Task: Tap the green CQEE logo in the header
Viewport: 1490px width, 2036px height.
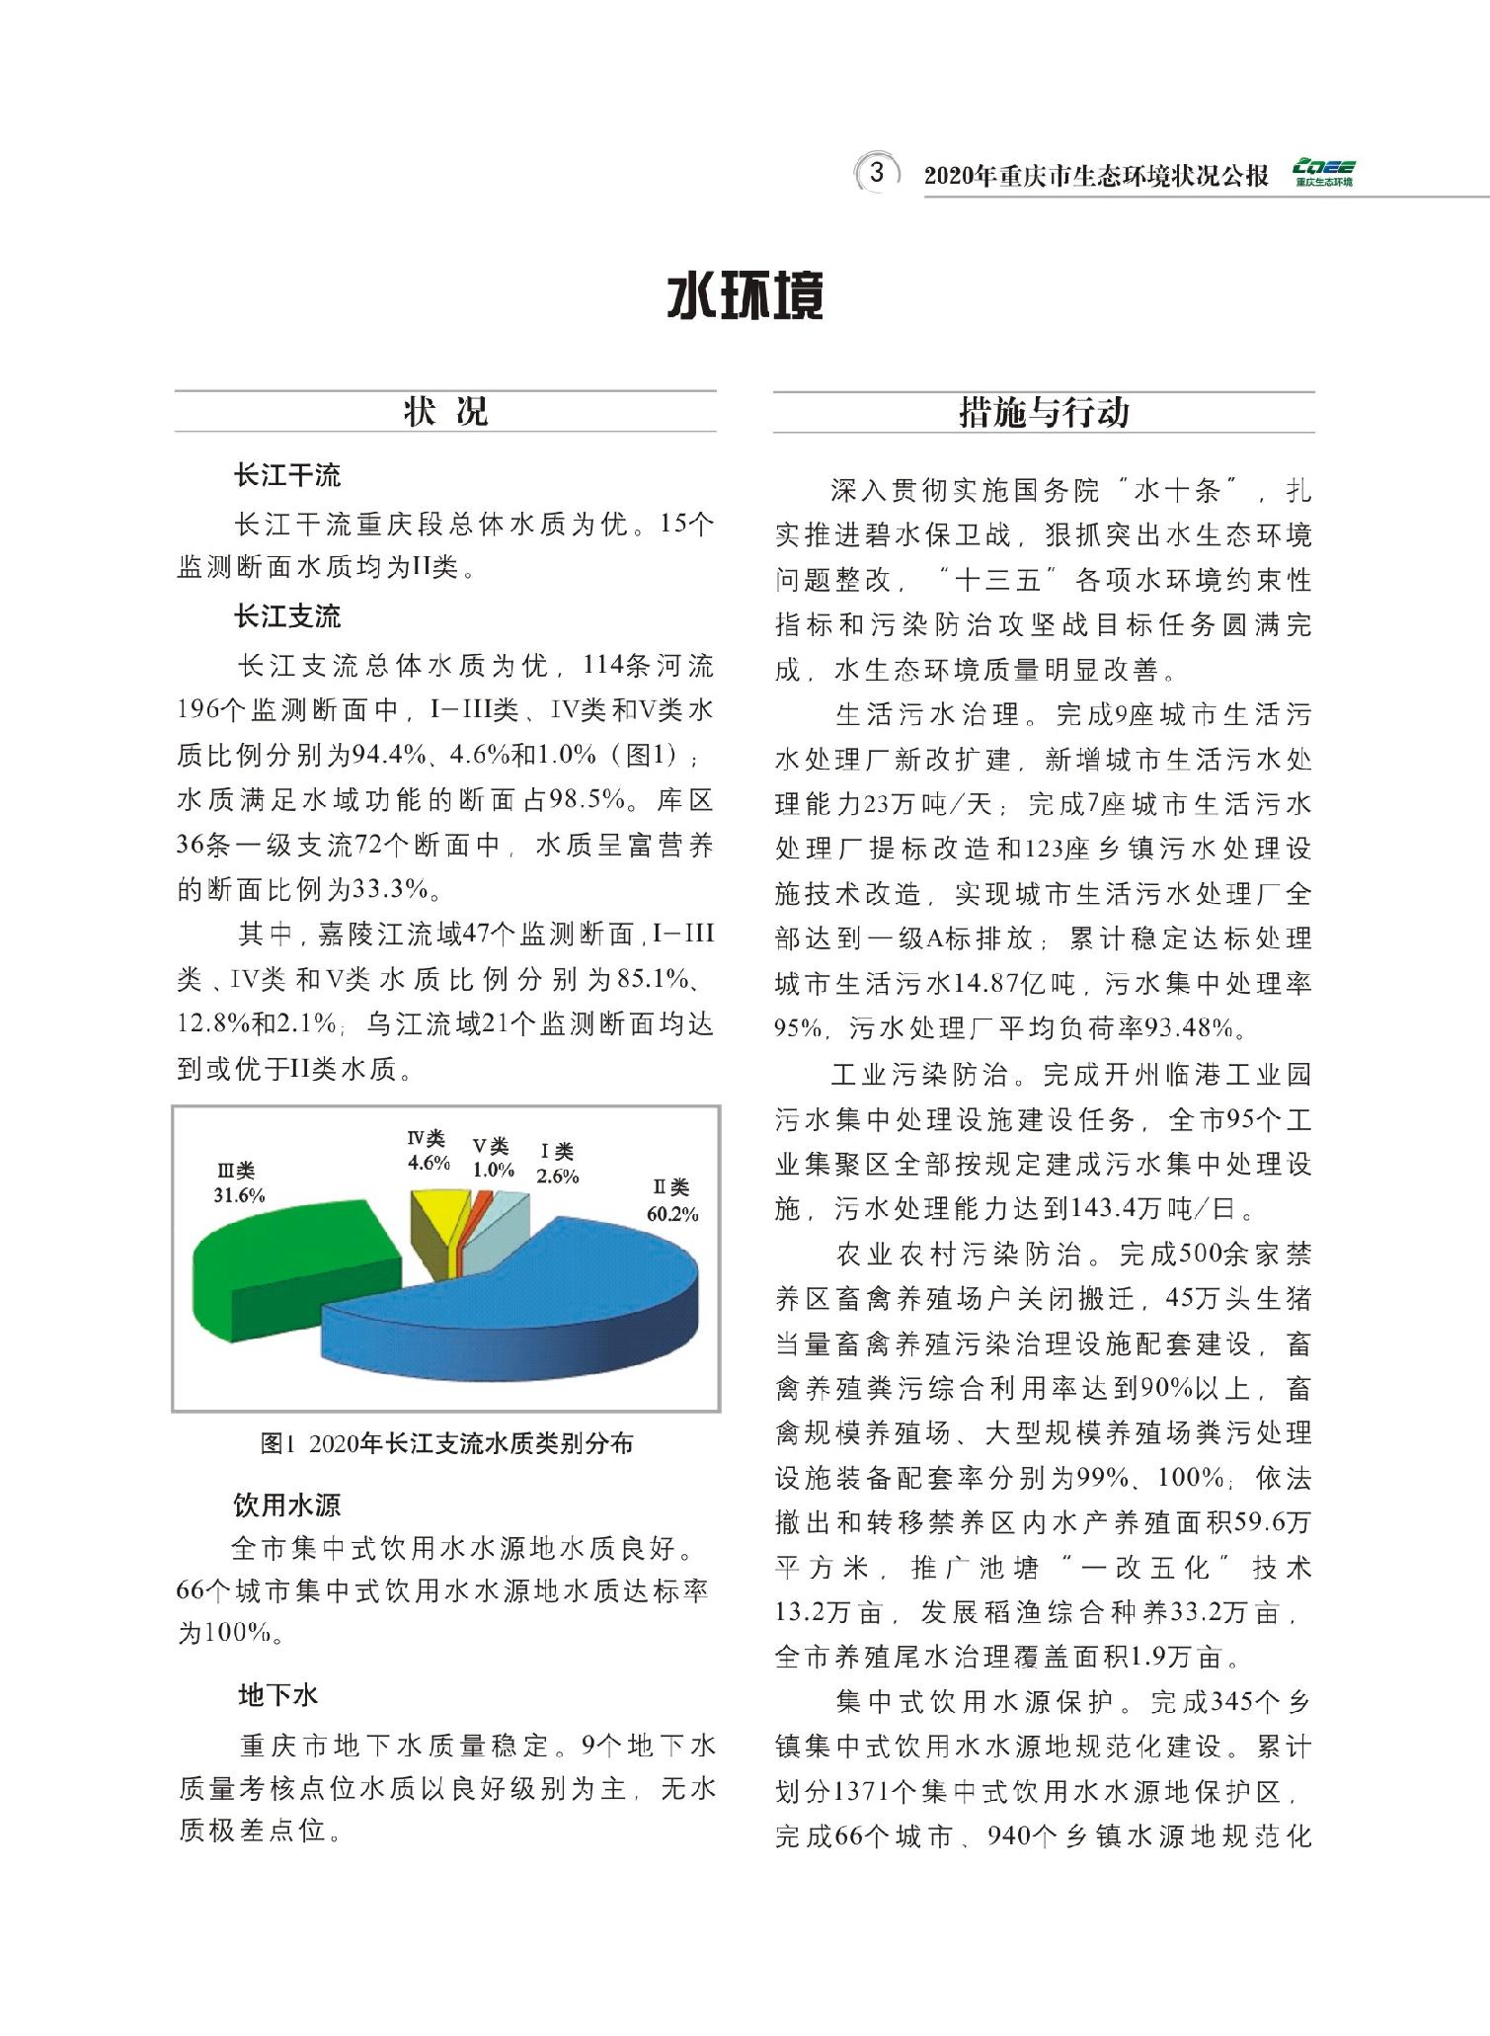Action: pos(1323,173)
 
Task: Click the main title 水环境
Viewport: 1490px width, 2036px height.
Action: pos(745,296)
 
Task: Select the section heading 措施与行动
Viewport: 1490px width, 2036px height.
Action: pos(1044,412)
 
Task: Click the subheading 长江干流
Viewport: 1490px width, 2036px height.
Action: pos(287,475)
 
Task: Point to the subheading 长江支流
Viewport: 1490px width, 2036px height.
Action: pos(287,617)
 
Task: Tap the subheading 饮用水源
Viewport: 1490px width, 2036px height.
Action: pos(287,1505)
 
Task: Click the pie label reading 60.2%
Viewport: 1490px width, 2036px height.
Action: pos(672,1213)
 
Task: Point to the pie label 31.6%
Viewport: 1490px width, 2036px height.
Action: pos(240,1194)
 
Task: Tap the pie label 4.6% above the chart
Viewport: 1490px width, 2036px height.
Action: pos(429,1162)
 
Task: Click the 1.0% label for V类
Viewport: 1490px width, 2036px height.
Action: pos(493,1170)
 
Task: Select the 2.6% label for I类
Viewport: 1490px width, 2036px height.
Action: pos(558,1176)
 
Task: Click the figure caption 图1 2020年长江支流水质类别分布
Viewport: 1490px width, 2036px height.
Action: pos(446,1444)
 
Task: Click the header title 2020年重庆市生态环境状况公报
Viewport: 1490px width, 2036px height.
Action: pos(1096,176)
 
